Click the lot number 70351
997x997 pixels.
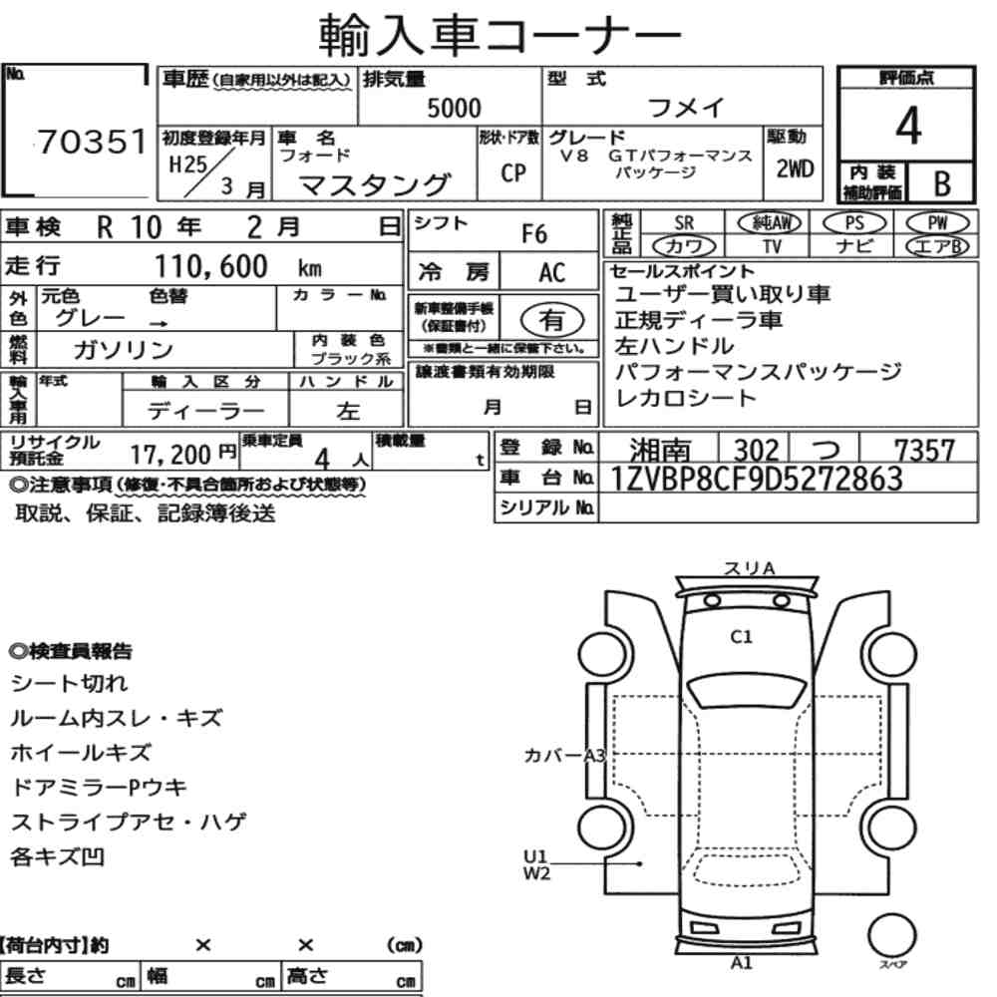[92, 142]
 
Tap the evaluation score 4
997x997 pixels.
[907, 126]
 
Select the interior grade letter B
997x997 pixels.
[942, 183]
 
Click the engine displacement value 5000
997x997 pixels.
[454, 108]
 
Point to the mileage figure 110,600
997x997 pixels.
[211, 266]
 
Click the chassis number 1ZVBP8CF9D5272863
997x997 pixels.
[756, 479]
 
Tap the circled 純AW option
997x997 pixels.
[770, 222]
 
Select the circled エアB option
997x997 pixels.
[937, 246]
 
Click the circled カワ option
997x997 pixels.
[684, 246]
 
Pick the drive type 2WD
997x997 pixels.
[795, 169]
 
